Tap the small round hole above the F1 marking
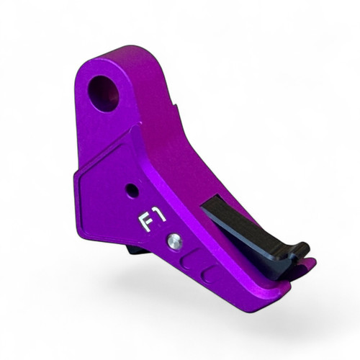point(131,191)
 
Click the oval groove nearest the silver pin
point(192,258)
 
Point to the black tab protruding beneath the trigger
point(134,250)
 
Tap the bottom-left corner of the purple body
point(81,235)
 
